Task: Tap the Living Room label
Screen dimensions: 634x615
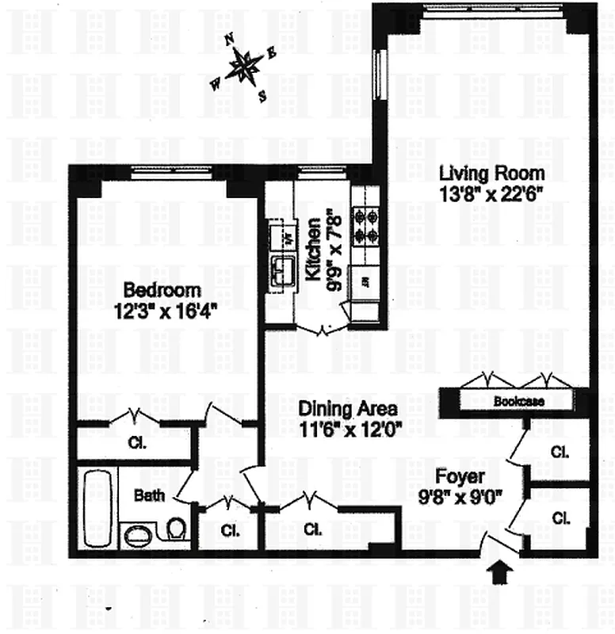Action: pos(492,173)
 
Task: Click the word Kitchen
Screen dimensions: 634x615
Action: pos(313,252)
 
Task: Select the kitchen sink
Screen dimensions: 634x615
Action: pos(281,271)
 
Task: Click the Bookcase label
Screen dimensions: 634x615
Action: pos(518,402)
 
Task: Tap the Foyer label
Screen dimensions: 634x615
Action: pos(460,478)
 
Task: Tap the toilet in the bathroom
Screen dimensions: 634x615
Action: pos(178,529)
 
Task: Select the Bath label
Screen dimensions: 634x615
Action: pos(149,496)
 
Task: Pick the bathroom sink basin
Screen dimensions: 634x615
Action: pos(139,535)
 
